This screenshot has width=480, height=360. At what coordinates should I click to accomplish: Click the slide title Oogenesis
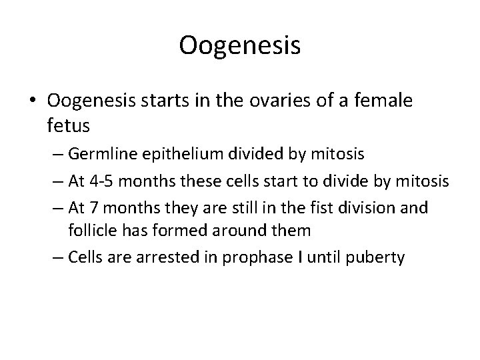pyautogui.click(x=240, y=45)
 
